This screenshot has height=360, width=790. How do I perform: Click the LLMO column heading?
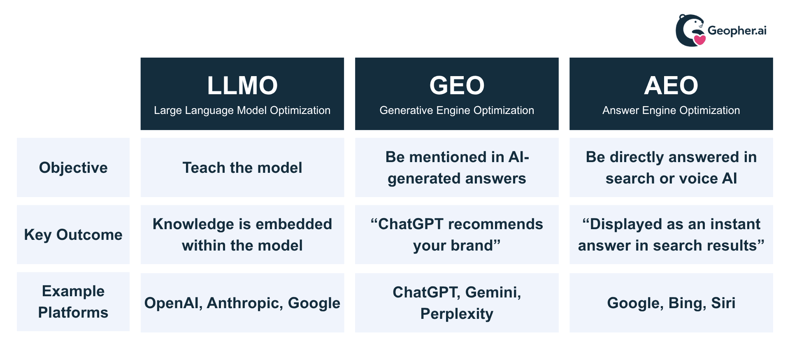click(x=242, y=86)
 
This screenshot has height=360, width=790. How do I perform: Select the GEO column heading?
click(x=457, y=86)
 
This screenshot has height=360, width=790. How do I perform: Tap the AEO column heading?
click(x=671, y=86)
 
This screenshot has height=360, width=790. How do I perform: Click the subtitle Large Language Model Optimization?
click(x=242, y=110)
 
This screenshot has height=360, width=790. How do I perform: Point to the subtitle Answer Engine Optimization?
click(x=671, y=110)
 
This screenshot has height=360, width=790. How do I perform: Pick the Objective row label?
click(x=73, y=168)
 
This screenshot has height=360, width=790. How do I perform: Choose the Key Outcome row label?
click(x=73, y=235)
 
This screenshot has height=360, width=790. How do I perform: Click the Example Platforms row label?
click(x=73, y=302)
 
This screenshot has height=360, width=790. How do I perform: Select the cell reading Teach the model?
click(x=242, y=168)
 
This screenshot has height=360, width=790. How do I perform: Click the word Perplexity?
click(x=457, y=314)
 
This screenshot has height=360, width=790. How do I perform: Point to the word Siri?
click(x=723, y=303)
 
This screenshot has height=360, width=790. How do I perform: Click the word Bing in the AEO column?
click(x=685, y=303)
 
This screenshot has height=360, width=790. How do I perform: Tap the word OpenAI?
click(x=173, y=303)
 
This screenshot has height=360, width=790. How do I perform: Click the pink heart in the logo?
click(x=699, y=40)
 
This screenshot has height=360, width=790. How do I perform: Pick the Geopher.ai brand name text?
click(x=737, y=31)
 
